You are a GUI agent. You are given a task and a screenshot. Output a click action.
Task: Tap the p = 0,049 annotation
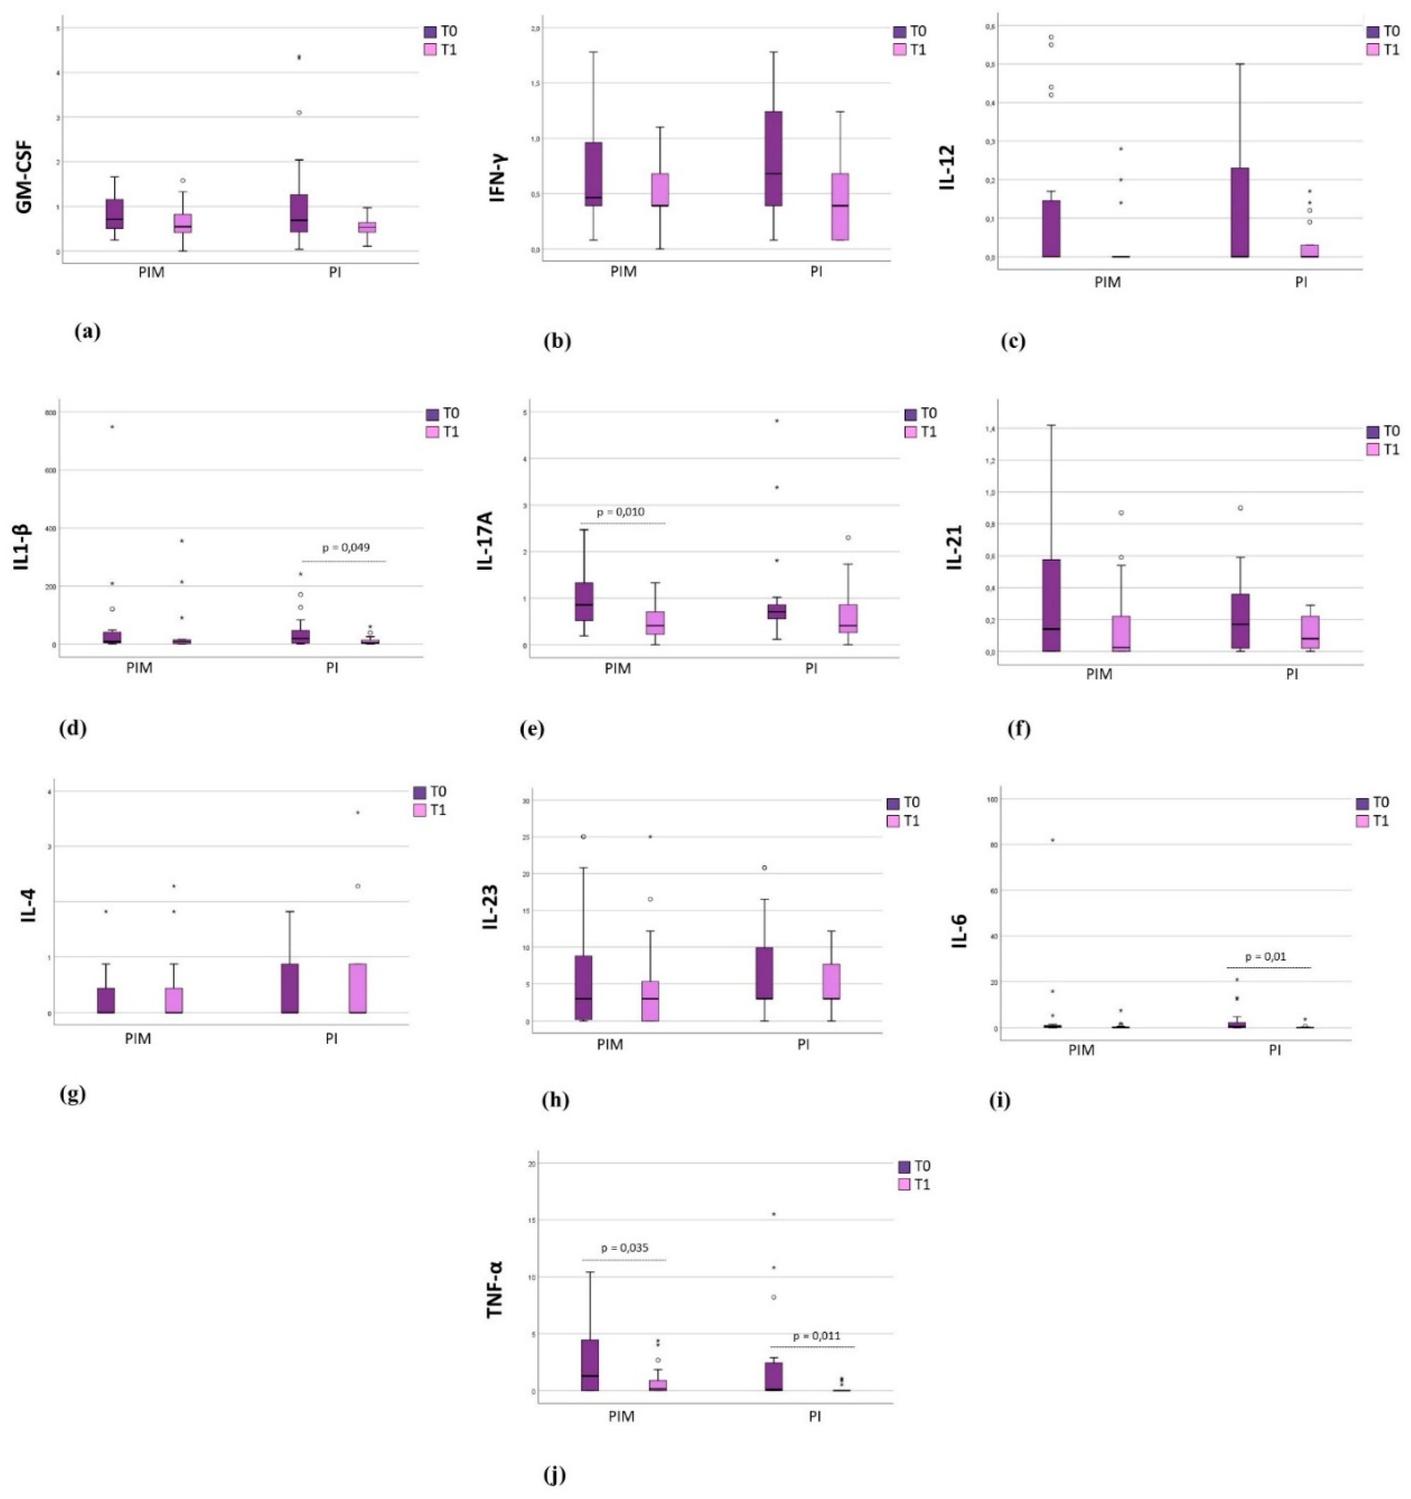click(x=346, y=547)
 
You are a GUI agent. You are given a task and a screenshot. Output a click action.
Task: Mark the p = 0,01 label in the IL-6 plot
click(x=1266, y=957)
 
